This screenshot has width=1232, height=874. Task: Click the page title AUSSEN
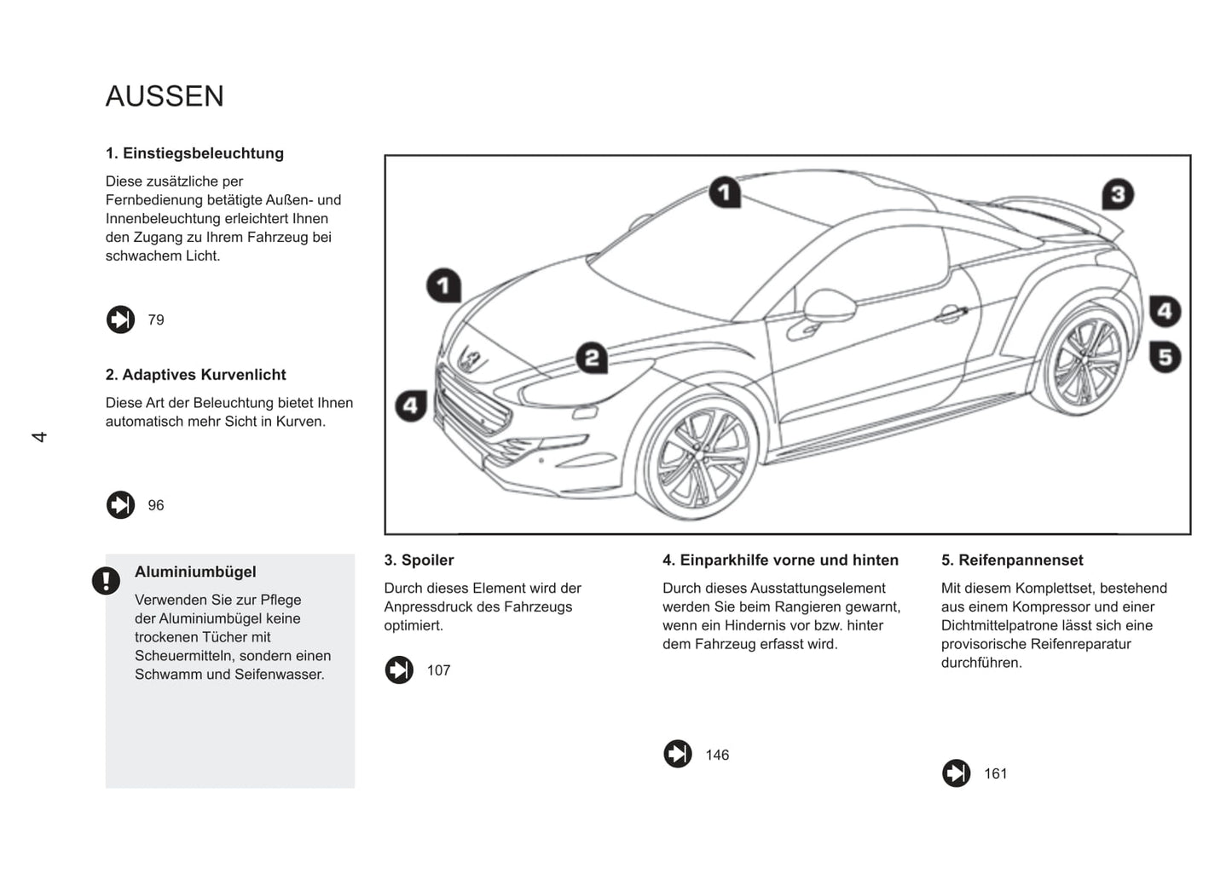(165, 96)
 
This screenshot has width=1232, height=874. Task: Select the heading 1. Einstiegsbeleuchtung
(194, 153)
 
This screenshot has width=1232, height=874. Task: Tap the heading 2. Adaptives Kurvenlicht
(195, 375)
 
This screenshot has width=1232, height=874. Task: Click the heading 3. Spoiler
(419, 560)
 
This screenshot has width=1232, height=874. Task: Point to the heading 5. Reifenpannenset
(1012, 560)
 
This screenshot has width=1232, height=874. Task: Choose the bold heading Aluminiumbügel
(195, 572)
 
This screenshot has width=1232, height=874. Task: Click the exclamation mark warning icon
(106, 581)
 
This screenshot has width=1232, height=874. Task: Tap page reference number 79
(156, 320)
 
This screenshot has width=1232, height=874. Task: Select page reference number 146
(717, 755)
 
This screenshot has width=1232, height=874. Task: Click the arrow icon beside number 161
(956, 773)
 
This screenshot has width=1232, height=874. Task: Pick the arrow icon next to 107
(399, 670)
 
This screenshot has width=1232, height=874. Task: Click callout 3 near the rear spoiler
(1118, 194)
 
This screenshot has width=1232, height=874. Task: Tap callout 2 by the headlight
(592, 358)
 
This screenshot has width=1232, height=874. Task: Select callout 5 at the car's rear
(1165, 356)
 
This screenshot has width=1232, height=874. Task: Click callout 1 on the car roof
(725, 193)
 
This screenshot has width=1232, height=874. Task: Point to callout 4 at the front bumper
(411, 405)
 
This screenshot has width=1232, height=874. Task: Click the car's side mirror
(828, 306)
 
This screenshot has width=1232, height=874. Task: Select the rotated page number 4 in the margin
(39, 437)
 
